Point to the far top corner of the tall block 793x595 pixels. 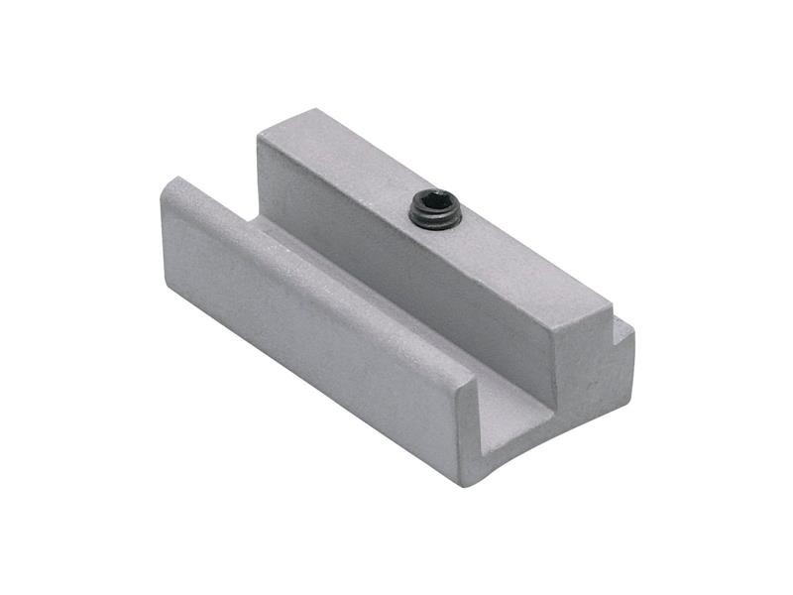(x=317, y=110)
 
